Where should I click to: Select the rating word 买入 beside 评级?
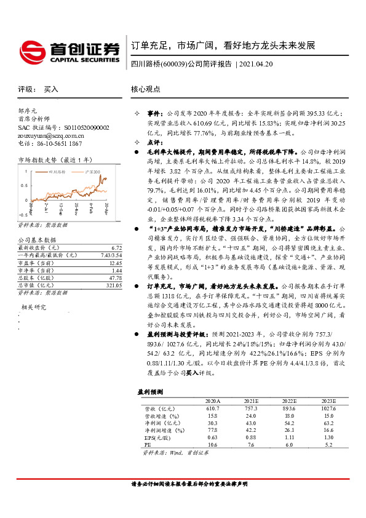(51, 89)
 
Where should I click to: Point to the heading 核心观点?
(145, 89)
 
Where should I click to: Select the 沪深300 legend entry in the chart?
(92, 173)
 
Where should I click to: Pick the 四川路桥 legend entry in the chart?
(59, 173)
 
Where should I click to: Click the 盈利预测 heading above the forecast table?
(149, 391)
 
